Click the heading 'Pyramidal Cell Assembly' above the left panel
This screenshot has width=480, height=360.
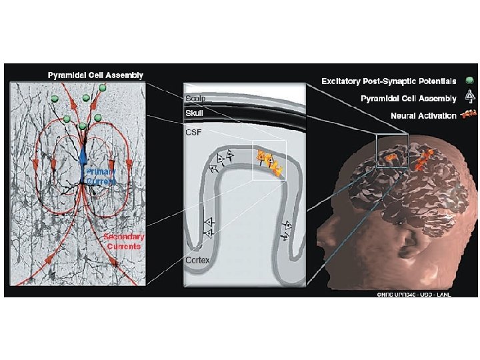click(x=95, y=74)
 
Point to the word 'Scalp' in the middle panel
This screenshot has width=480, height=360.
click(x=195, y=99)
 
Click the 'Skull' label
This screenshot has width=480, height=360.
click(x=194, y=113)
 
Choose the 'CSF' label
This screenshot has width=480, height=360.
click(x=193, y=133)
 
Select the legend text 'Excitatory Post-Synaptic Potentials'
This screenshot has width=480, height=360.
click(x=389, y=81)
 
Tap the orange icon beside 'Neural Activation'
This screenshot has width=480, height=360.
click(x=467, y=115)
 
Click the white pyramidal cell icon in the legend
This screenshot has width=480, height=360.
click(x=469, y=98)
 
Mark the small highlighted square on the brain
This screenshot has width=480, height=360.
click(x=391, y=150)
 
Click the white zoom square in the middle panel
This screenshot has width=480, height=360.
click(x=269, y=161)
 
